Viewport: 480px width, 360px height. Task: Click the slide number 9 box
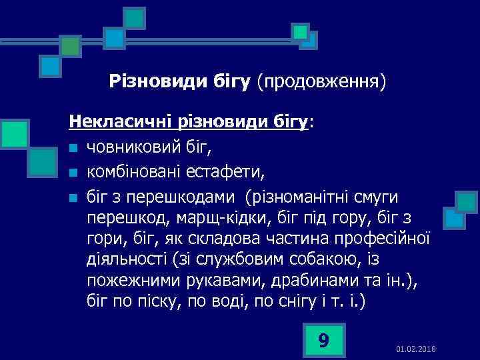323,340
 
